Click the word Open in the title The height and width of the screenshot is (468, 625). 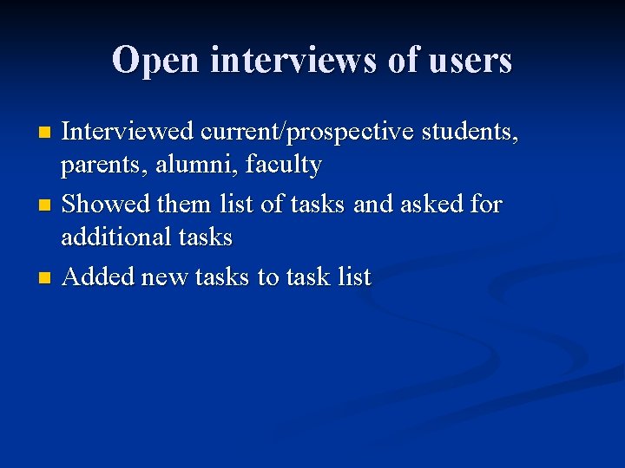(156, 61)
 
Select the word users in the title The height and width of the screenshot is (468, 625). (470, 61)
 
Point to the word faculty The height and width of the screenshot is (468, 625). (283, 165)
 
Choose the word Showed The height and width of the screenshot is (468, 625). (107, 205)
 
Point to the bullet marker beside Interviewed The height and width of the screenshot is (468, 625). (46, 133)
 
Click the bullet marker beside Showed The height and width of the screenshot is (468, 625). (46, 205)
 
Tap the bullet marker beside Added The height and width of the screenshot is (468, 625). (46, 278)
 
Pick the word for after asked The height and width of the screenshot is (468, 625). (487, 205)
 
